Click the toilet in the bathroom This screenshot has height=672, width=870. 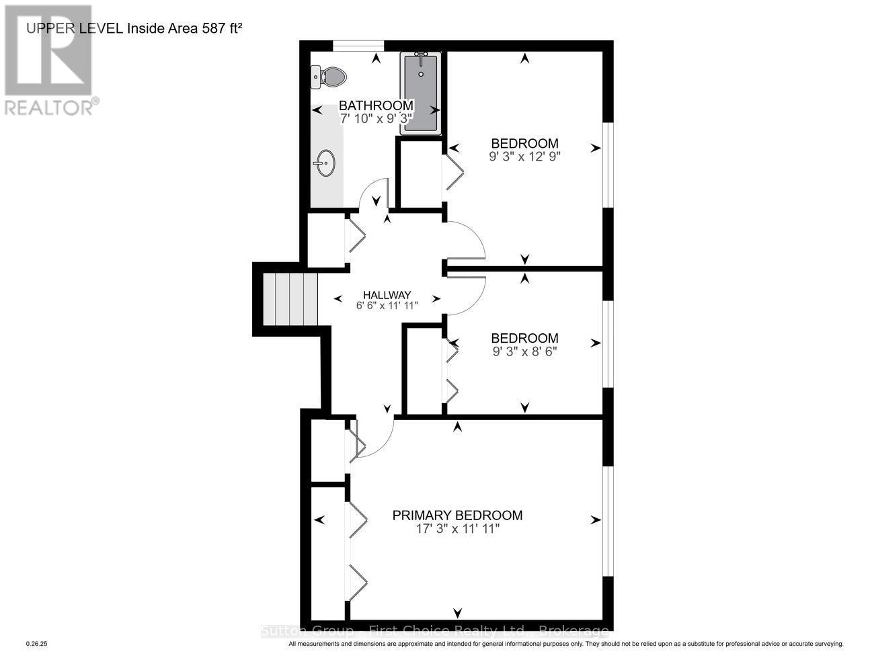(329, 77)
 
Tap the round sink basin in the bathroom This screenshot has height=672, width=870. (325, 163)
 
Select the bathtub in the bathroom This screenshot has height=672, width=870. (421, 93)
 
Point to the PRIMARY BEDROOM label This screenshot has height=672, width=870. (457, 515)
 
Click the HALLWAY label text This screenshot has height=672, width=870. (387, 294)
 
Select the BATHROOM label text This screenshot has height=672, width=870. (375, 106)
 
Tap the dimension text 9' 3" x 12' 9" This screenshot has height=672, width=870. (524, 156)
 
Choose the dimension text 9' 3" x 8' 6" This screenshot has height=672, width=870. (524, 351)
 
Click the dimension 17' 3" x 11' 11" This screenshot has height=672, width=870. (457, 530)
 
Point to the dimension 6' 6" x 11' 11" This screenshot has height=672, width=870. (387, 305)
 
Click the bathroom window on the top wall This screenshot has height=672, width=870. (358, 45)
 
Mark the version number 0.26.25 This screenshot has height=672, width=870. (37, 644)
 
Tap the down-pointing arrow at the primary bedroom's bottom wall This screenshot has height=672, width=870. (458, 613)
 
